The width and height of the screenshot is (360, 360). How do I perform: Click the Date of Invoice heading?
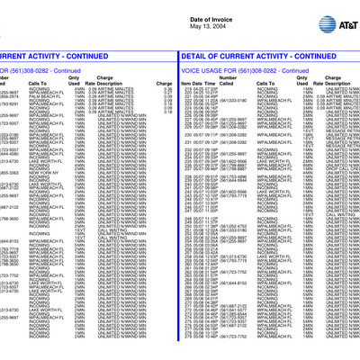tap(180, 7)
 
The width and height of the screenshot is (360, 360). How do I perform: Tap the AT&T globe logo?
tap(337, 8)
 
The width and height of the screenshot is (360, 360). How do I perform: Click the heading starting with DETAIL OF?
tap(270, 56)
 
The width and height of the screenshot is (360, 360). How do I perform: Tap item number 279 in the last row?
tap(187, 335)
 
